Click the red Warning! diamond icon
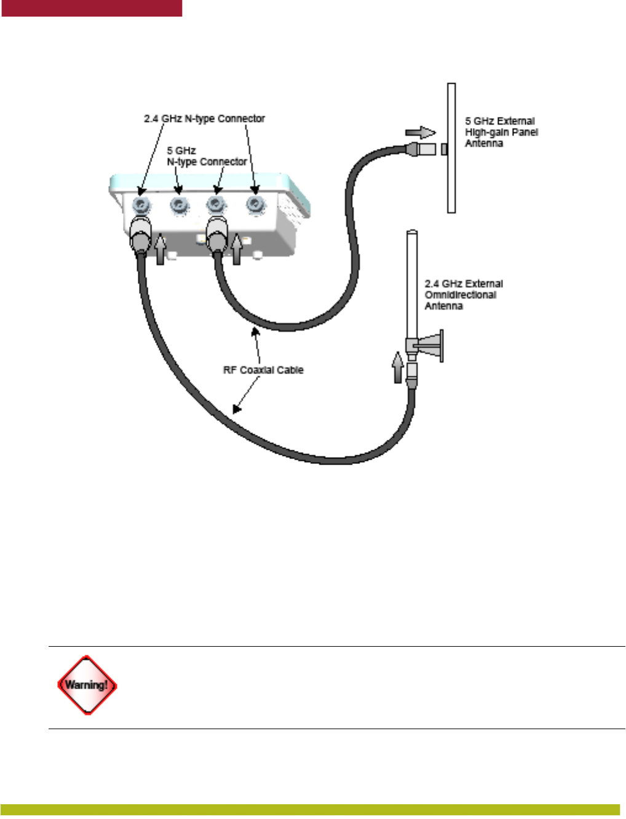coord(87,685)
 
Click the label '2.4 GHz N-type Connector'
coord(204,118)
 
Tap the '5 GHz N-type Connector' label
coord(207,156)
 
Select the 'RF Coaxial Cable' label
coord(263,370)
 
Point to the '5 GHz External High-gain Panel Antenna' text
coord(501,132)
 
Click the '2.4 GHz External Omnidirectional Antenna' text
coord(464,295)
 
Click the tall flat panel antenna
coord(451,148)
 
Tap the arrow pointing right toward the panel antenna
coord(421,132)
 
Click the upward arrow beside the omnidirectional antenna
coord(398,367)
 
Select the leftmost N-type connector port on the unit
coord(141,204)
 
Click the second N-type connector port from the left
coord(179,204)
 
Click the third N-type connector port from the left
coord(215,204)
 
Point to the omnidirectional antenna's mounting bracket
coord(432,346)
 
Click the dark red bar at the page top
coord(92,8)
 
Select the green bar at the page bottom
coord(310,810)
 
